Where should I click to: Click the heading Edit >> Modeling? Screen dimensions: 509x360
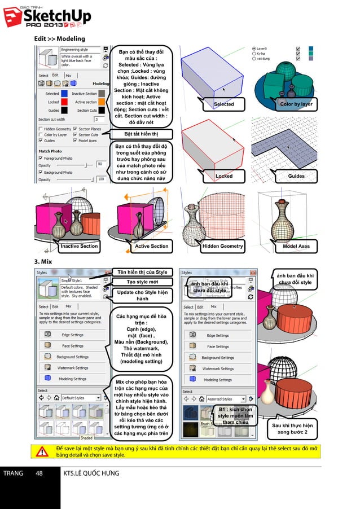click(59, 38)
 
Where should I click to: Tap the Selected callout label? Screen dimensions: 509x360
click(224, 104)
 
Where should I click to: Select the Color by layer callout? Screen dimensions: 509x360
click(296, 104)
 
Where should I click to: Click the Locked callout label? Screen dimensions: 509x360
click(224, 176)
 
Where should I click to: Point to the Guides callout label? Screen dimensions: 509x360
click(296, 176)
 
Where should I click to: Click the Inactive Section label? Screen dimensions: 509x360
click(79, 246)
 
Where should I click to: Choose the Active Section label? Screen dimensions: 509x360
click(151, 246)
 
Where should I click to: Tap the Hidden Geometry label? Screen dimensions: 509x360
click(223, 246)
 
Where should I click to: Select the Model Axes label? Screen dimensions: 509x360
click(296, 246)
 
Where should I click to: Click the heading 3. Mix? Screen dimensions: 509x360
click(43, 262)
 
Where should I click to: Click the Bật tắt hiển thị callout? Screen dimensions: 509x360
click(141, 134)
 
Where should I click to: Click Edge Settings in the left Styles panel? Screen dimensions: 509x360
click(72, 335)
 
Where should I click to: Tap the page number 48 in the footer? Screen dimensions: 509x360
click(39, 473)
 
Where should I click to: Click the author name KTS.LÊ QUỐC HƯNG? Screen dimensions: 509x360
click(92, 473)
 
